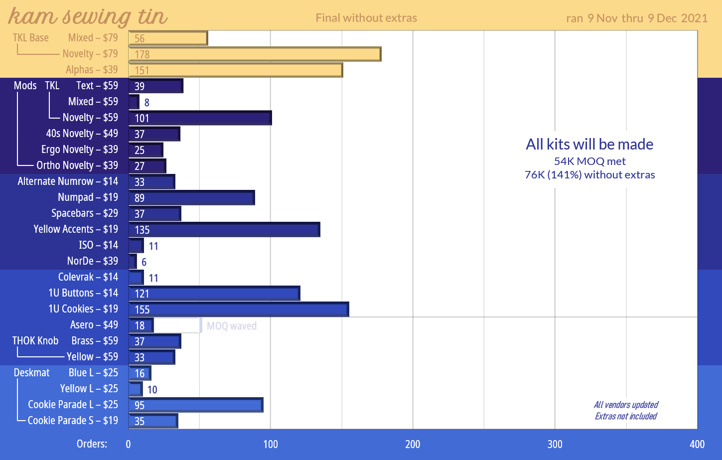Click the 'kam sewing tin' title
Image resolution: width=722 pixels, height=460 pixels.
(88, 17)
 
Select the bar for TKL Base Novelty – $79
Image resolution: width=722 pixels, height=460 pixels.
(255, 54)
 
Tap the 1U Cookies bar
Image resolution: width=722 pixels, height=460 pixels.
(238, 309)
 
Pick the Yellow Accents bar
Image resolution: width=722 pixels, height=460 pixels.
(224, 229)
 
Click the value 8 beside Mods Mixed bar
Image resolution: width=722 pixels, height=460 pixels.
(147, 103)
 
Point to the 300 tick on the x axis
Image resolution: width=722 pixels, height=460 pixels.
(555, 444)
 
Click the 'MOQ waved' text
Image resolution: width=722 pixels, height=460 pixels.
(232, 326)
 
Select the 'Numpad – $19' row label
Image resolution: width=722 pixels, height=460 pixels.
(88, 197)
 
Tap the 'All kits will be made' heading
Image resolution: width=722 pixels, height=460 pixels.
(589, 144)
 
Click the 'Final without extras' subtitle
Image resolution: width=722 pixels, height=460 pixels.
(366, 18)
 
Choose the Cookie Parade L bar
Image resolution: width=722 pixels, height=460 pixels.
(195, 405)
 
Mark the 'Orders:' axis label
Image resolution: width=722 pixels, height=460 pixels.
(92, 444)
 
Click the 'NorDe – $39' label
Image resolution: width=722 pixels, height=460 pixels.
(93, 261)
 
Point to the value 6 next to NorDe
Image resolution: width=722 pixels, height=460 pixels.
(144, 262)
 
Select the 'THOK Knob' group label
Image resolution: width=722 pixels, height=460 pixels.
(35, 341)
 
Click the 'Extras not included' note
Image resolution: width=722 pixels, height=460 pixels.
(626, 416)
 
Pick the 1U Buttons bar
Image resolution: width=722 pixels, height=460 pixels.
(214, 293)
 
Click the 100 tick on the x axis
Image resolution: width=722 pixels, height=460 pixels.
(271, 444)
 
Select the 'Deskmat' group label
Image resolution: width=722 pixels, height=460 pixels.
(32, 373)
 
